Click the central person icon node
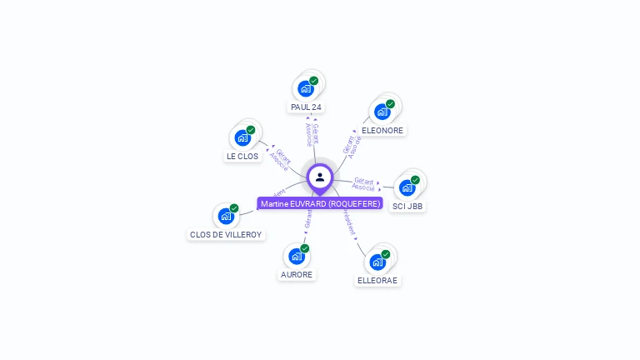tap(320, 177)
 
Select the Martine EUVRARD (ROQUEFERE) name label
tap(320, 203)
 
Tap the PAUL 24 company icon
tap(306, 88)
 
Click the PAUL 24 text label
tap(306, 107)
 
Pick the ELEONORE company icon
tap(382, 112)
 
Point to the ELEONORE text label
tap(382, 131)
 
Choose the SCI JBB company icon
tap(407, 187)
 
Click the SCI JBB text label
tap(407, 206)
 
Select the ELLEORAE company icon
tap(377, 262)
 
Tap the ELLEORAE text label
tap(377, 281)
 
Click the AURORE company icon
tap(297, 256)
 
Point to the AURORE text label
tap(297, 275)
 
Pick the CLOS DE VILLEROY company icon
tap(226, 216)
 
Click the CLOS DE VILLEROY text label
tap(226, 235)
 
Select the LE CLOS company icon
tap(242, 137)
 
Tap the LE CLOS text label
tap(242, 157)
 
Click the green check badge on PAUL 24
tap(313, 81)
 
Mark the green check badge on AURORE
tap(305, 248)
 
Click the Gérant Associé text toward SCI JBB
tap(363, 184)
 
